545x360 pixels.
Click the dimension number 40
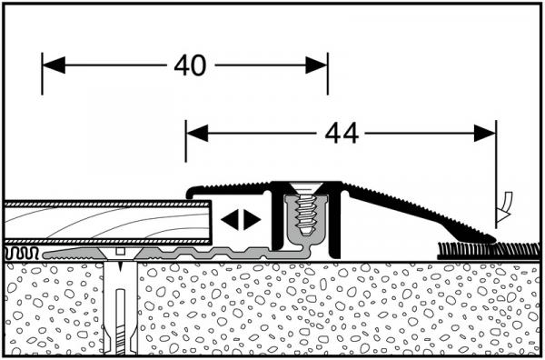(x=190, y=65)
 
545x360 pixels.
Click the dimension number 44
(x=342, y=134)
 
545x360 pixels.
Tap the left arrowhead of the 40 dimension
(x=54, y=65)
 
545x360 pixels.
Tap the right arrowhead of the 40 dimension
(x=316, y=65)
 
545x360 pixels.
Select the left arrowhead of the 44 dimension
(x=197, y=134)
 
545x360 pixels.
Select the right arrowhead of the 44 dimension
(x=485, y=134)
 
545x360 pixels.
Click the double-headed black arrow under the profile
(x=241, y=219)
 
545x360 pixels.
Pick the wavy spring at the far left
(x=21, y=254)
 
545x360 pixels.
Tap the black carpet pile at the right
(x=489, y=251)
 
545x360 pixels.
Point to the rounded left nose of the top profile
(x=190, y=192)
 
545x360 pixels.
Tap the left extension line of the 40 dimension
(x=42, y=74)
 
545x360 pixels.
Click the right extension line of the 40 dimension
(x=327, y=74)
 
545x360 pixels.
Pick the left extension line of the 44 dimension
(x=186, y=141)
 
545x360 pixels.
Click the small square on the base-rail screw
(x=120, y=252)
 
